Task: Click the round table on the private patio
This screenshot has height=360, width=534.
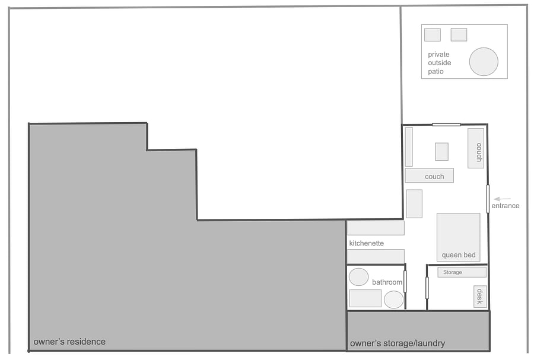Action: [x=484, y=62]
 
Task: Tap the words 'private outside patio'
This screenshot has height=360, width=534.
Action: [x=439, y=63]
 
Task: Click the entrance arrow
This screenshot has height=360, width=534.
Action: [x=502, y=199]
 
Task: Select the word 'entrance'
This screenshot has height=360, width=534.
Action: [x=506, y=206]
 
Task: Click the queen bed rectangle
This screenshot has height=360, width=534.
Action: [x=459, y=237]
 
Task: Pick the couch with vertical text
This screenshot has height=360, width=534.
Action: [x=476, y=148]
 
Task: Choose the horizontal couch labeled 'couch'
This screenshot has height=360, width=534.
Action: [x=429, y=176]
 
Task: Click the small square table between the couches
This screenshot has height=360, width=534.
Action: [x=441, y=152]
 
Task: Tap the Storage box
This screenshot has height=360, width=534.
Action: [x=462, y=272]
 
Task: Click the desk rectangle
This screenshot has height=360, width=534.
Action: [x=480, y=297]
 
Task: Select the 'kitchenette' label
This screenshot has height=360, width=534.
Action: [x=367, y=243]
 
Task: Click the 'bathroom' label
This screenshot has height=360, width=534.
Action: [x=387, y=282]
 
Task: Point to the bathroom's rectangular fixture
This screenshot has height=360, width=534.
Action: [x=365, y=298]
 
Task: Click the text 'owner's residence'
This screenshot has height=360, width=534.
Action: [x=69, y=342]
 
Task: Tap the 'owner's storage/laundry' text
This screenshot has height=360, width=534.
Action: [x=398, y=343]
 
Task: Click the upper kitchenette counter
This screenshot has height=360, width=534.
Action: [x=376, y=228]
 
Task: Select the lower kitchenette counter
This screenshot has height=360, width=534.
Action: [x=376, y=256]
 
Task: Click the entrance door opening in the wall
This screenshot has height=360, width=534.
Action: [x=488, y=199]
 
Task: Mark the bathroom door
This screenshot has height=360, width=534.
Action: [x=405, y=281]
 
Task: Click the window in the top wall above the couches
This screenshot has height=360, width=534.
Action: [x=446, y=125]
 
